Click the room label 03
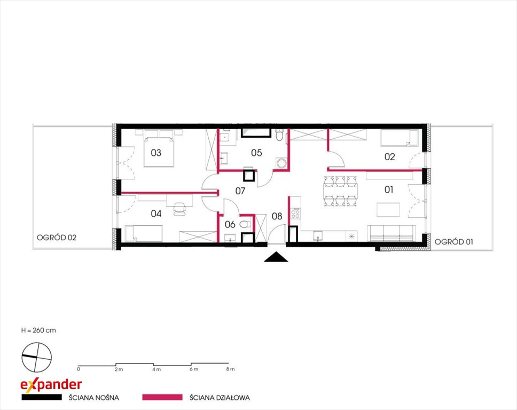tap(156, 153)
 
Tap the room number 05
tap(256, 153)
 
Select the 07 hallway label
tap(240, 191)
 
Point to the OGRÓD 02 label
tap(57, 238)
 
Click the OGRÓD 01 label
tap(453, 242)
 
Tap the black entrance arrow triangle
tap(276, 257)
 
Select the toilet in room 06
tap(245, 225)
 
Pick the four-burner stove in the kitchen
tap(295, 213)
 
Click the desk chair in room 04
tap(179, 209)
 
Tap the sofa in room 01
tap(391, 234)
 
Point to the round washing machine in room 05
tap(281, 163)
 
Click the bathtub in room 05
tap(256, 133)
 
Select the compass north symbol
tap(37, 357)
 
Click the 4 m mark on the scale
tap(156, 369)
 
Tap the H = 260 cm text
tap(38, 330)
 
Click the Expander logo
tap(51, 384)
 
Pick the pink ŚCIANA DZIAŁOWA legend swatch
tap(162, 397)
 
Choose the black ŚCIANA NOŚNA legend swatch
tap(42, 397)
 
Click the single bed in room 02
tap(399, 138)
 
